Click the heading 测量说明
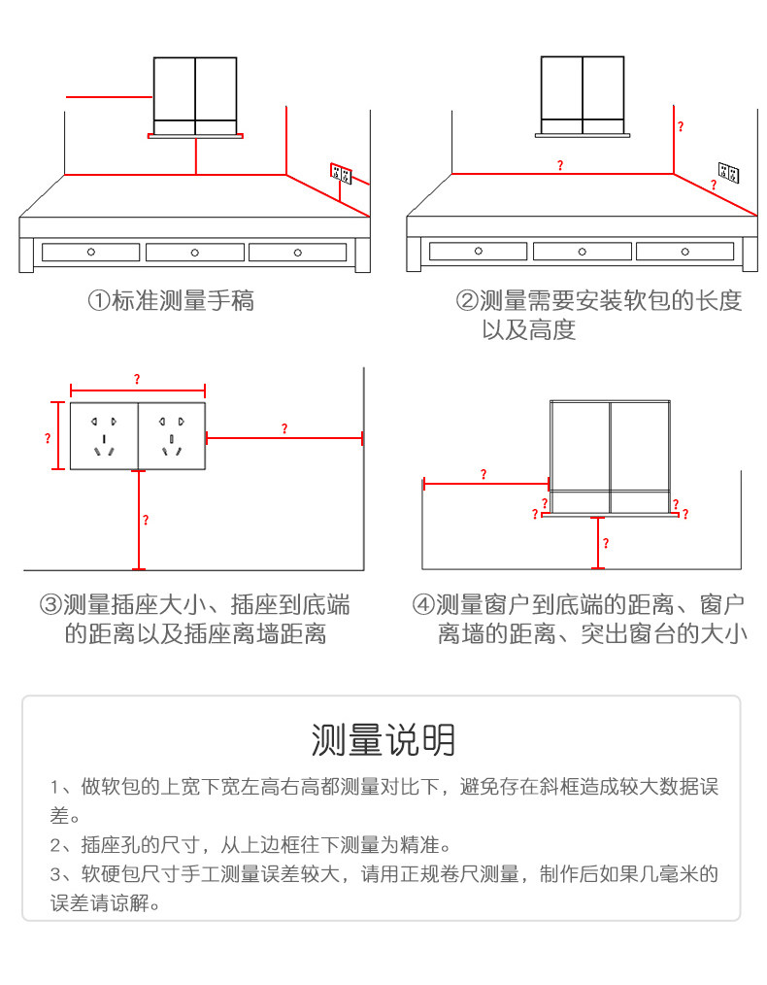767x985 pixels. [383, 740]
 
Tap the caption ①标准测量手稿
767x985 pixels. [171, 300]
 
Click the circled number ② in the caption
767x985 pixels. [467, 301]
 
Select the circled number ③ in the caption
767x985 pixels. [50, 606]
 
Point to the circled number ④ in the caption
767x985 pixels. [423, 606]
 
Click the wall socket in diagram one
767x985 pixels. [340, 174]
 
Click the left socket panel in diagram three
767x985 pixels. [104, 436]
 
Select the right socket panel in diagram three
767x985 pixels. [173, 436]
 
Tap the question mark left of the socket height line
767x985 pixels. [47, 439]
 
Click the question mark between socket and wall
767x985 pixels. [283, 428]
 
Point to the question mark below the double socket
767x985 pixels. [146, 521]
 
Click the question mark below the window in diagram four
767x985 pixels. [606, 544]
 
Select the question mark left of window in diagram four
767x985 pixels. [484, 474]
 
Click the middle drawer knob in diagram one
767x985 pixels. [195, 253]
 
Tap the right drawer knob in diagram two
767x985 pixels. [685, 252]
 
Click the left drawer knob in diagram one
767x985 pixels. [91, 253]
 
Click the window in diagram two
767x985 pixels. [583, 93]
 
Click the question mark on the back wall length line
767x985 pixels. [559, 166]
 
